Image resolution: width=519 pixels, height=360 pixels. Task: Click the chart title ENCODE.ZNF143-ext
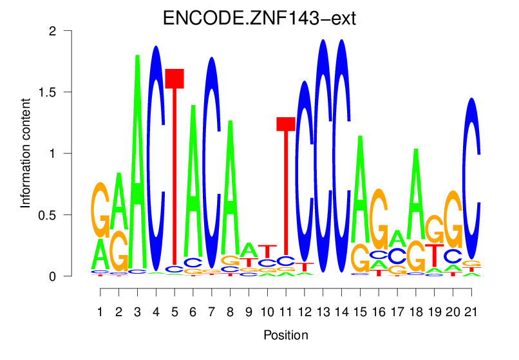point(259,17)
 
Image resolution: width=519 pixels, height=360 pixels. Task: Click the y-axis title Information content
point(26,153)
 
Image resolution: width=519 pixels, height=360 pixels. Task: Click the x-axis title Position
point(286,335)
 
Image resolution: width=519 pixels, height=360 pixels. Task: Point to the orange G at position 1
point(100,209)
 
